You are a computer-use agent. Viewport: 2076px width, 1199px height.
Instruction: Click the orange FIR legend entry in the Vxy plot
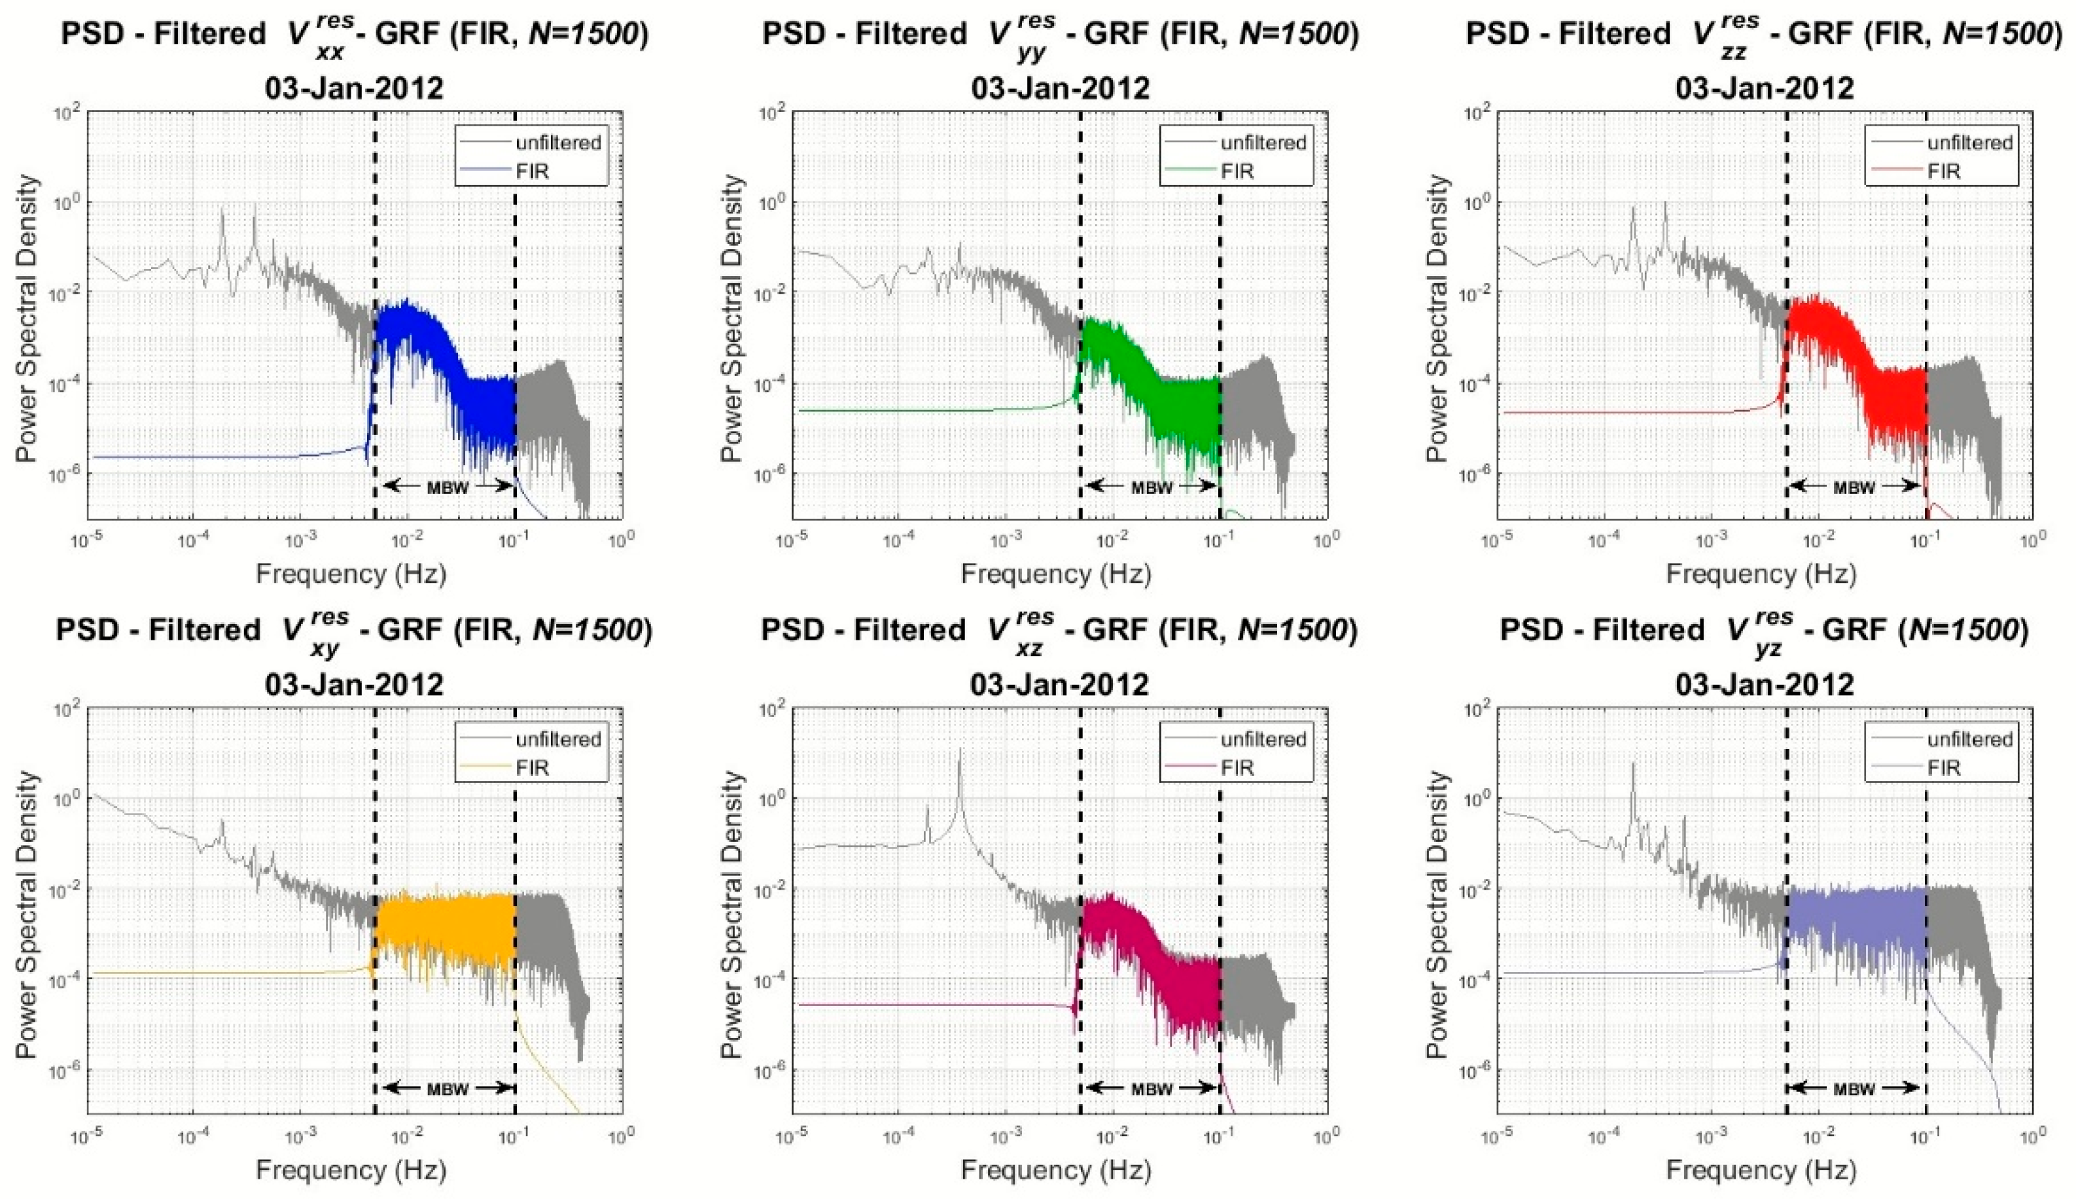[531, 767]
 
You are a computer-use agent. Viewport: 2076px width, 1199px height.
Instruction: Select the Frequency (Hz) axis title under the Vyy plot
[1056, 573]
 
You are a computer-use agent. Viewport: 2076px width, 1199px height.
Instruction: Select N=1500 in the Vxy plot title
[587, 630]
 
